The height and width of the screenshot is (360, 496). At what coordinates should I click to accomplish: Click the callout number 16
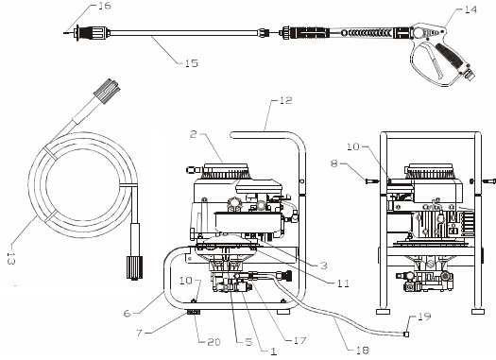[104, 7]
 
